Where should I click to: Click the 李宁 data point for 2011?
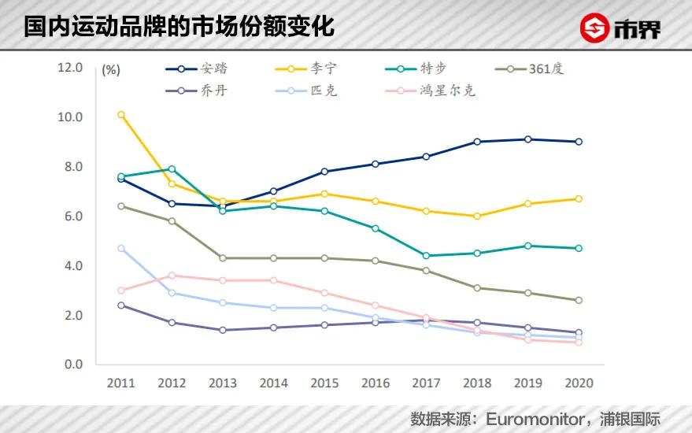[120, 115]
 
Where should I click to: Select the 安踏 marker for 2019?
[527, 139]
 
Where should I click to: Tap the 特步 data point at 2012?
[172, 169]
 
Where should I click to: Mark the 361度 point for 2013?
[222, 258]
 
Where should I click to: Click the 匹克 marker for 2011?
[120, 249]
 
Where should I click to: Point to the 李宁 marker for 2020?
[579, 199]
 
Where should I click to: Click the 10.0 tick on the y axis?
[71, 117]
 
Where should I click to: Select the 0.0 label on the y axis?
[73, 365]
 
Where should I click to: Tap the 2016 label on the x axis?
[375, 383]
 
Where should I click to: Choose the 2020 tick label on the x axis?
[579, 383]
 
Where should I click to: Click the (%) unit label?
[111, 69]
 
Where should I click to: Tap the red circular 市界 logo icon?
[596, 29]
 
